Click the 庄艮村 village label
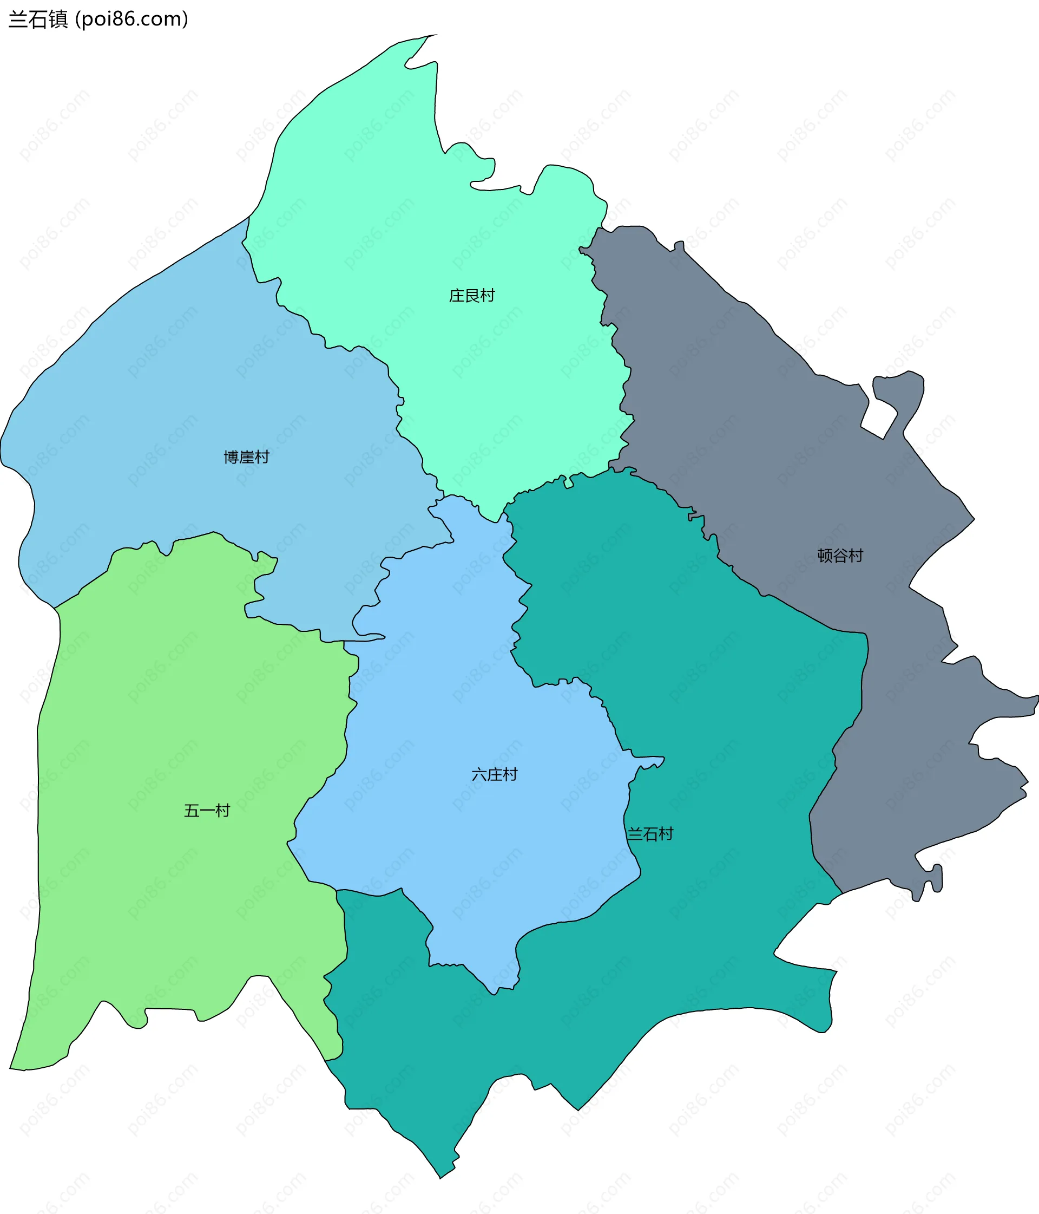point(471,295)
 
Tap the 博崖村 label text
point(246,457)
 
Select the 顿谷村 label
point(840,556)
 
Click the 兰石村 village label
point(650,834)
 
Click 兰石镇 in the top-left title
point(38,19)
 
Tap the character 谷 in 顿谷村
point(840,556)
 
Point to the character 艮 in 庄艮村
point(471,295)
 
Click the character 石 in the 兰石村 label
point(650,834)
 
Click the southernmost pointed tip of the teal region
point(440,1177)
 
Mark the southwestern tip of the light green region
point(12,1068)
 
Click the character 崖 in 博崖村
point(246,457)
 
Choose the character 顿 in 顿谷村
point(825,556)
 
